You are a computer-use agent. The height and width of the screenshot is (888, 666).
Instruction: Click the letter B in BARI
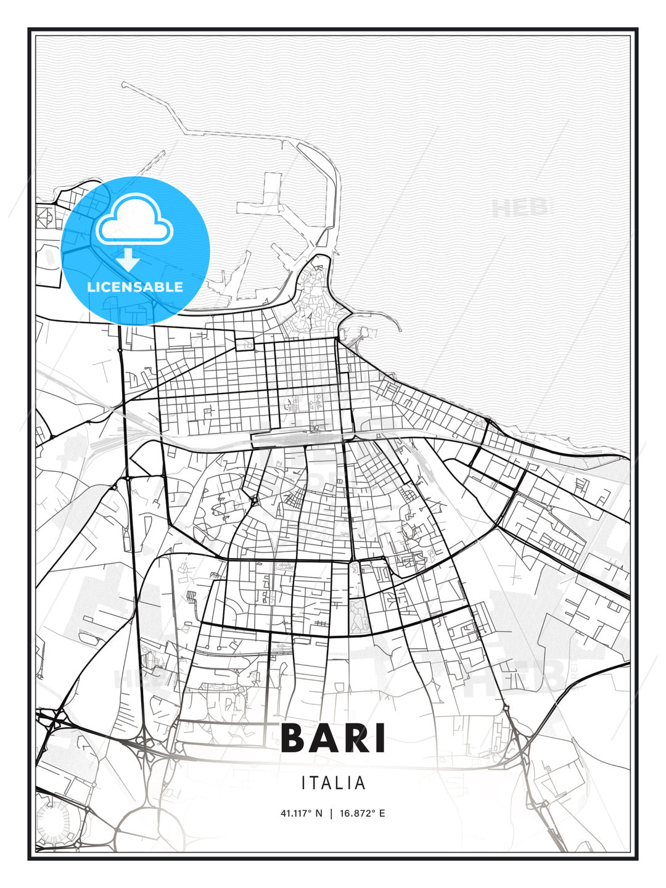pyautogui.click(x=294, y=739)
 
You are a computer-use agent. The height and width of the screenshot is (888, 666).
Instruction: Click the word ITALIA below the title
pyautogui.click(x=333, y=783)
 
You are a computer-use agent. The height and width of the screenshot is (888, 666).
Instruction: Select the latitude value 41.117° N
pyautogui.click(x=302, y=813)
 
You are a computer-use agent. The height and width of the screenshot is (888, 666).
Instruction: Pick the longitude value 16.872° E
pyautogui.click(x=363, y=813)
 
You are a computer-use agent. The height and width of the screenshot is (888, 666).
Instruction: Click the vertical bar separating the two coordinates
pyautogui.click(x=332, y=813)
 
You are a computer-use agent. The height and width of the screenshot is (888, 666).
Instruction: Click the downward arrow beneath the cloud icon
pyautogui.click(x=128, y=260)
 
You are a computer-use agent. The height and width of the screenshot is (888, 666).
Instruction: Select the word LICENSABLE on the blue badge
pyautogui.click(x=135, y=287)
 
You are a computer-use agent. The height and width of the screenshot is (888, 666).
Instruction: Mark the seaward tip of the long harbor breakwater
pyautogui.click(x=123, y=84)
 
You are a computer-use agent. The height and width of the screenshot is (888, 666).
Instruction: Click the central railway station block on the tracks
pyautogui.click(x=296, y=438)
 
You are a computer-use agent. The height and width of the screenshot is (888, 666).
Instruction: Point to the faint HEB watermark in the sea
pyautogui.click(x=521, y=208)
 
